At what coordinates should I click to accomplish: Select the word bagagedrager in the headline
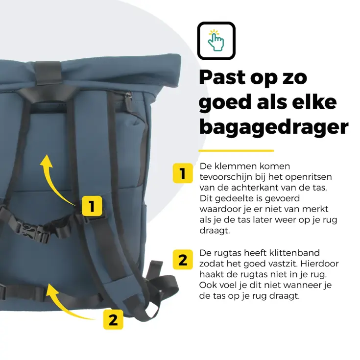coord(273,127)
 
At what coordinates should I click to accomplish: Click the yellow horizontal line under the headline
coord(236,150)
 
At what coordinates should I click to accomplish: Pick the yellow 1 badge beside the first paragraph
coord(183,174)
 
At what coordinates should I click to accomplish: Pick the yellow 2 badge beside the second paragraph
coord(183,260)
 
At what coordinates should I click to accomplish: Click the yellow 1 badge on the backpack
coord(92,206)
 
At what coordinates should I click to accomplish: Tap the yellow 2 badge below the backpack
coord(113,320)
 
